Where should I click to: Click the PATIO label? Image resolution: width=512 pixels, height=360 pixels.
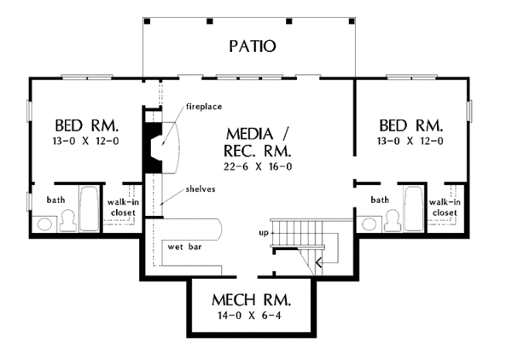pyautogui.click(x=252, y=46)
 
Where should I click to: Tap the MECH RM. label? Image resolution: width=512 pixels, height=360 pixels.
pyautogui.click(x=251, y=300)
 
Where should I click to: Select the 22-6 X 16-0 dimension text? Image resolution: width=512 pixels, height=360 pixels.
pyautogui.click(x=258, y=166)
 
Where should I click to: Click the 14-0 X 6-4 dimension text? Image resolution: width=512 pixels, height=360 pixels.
pyautogui.click(x=249, y=316)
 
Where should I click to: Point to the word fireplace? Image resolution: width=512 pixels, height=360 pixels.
pyautogui.click(x=204, y=107)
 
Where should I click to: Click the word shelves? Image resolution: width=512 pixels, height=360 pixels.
pyautogui.click(x=201, y=189)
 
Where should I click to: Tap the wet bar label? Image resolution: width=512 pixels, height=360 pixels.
pyautogui.click(x=184, y=247)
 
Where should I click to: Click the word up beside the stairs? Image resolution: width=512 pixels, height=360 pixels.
pyautogui.click(x=264, y=233)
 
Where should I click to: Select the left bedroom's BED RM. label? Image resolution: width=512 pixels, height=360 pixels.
pyautogui.click(x=86, y=125)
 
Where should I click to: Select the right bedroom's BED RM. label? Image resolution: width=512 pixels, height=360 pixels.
pyautogui.click(x=411, y=125)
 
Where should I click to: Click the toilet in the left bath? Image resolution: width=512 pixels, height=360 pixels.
pyautogui.click(x=68, y=221)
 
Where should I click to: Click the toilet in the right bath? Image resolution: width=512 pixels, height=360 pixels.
pyautogui.click(x=393, y=221)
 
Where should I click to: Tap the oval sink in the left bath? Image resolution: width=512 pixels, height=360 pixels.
pyautogui.click(x=44, y=224)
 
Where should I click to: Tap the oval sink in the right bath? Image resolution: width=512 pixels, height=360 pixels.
pyautogui.click(x=369, y=224)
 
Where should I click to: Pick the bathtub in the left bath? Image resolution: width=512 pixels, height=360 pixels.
pyautogui.click(x=89, y=209)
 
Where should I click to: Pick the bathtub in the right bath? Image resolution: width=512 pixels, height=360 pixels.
pyautogui.click(x=414, y=209)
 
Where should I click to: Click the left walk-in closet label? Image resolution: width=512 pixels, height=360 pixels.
pyautogui.click(x=123, y=207)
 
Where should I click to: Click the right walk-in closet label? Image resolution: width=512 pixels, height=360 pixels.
pyautogui.click(x=445, y=207)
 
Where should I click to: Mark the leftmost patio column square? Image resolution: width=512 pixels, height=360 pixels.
pyautogui.click(x=148, y=21)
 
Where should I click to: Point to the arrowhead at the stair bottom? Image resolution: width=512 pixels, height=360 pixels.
pyautogui.click(x=318, y=262)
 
